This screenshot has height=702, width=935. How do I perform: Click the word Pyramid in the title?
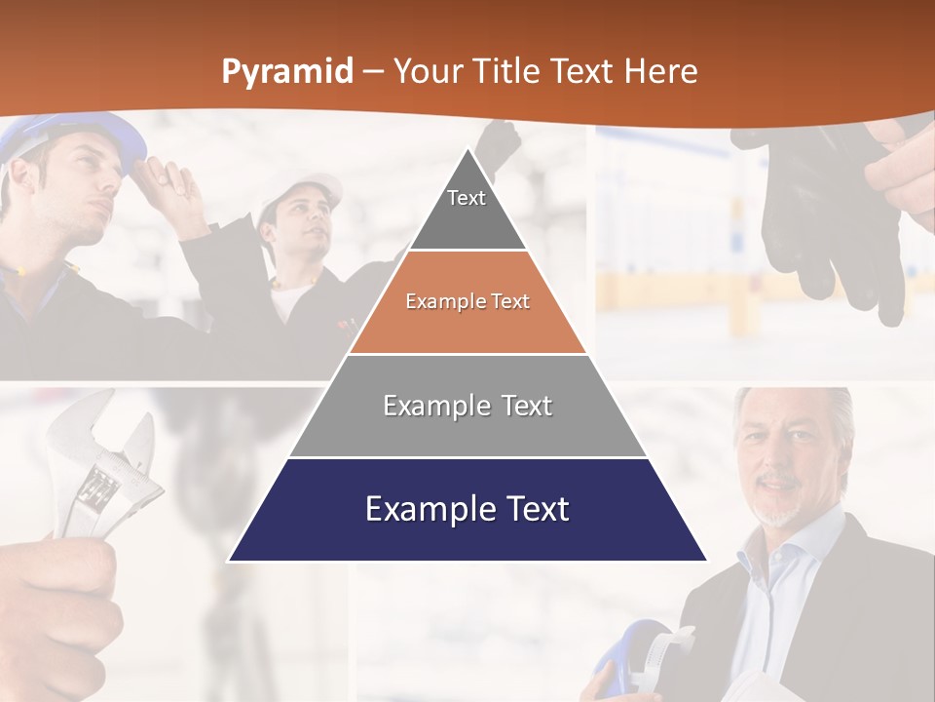[286, 72]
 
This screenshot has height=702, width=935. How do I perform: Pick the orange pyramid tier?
[467, 302]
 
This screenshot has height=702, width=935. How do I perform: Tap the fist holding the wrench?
[58, 604]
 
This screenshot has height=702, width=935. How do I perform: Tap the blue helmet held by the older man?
[633, 663]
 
